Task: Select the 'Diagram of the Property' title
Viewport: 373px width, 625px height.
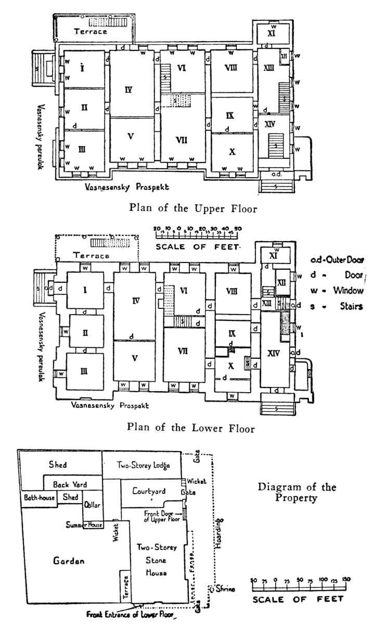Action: click(x=297, y=493)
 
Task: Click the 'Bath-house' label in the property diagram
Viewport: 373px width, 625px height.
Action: click(x=40, y=498)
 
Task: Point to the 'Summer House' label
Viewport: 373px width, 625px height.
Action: click(x=83, y=524)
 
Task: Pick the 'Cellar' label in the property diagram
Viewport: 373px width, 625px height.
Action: click(x=92, y=504)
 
